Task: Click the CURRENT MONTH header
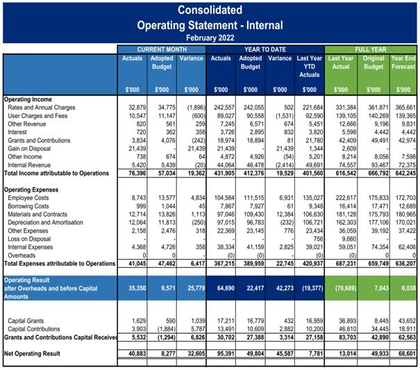click(x=162, y=49)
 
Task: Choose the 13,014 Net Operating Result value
click(x=342, y=354)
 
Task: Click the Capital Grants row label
click(x=28, y=321)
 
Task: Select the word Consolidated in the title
click(x=210, y=10)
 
